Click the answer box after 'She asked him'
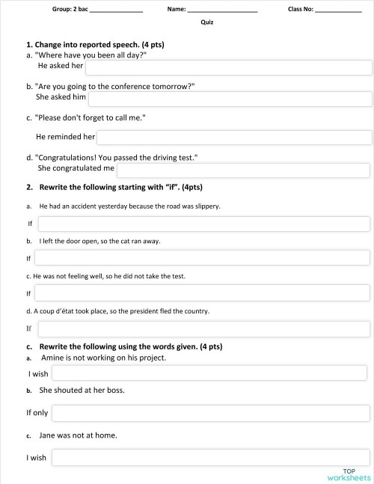pyautogui.click(x=230, y=98)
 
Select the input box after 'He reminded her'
pyautogui.click(x=233, y=138)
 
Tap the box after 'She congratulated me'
pyautogui.click(x=244, y=170)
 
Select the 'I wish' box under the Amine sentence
pyautogui.click(x=209, y=373)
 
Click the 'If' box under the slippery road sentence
pyautogui.click(x=203, y=224)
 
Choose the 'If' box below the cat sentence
pyautogui.click(x=203, y=258)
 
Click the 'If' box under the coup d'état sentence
pyautogui.click(x=203, y=328)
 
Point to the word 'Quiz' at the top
pyautogui.click(x=207, y=22)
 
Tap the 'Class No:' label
pyautogui.click(x=301, y=9)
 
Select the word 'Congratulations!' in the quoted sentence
pyautogui.click(x=64, y=158)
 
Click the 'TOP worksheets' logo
pyautogui.click(x=349, y=474)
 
